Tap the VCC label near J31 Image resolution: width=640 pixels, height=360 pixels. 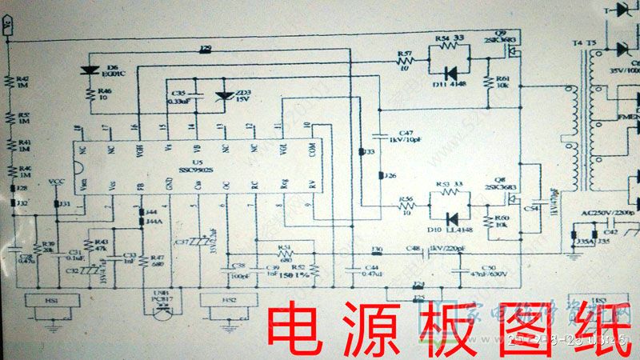56,182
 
